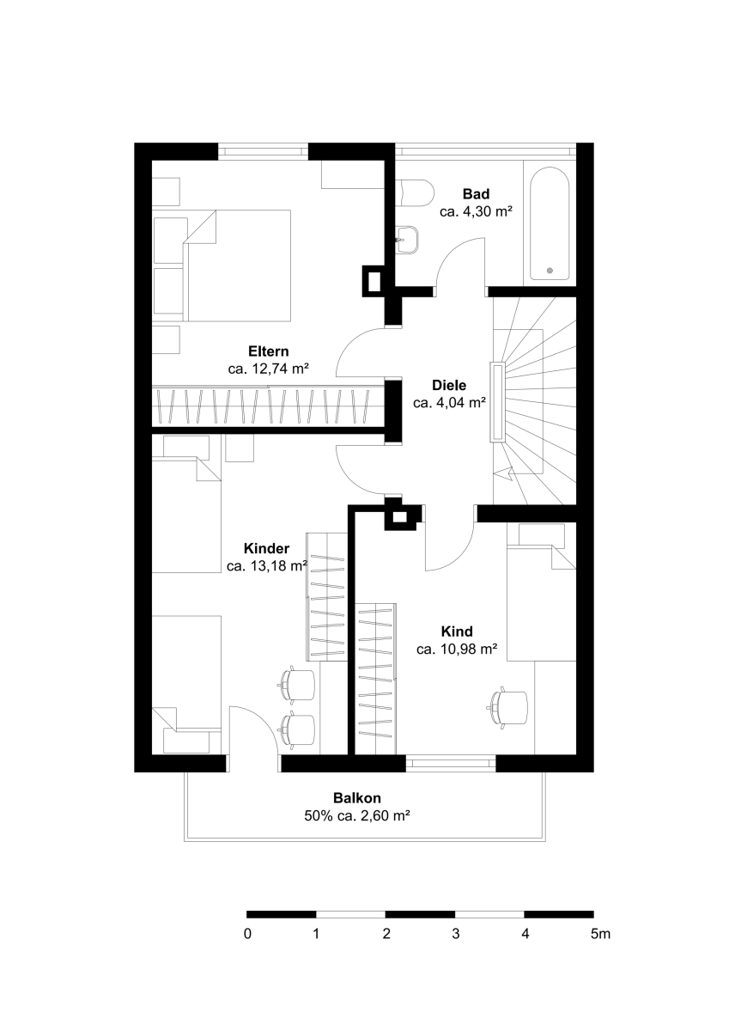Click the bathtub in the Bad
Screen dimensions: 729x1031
click(x=550, y=223)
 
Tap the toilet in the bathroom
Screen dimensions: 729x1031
click(x=416, y=192)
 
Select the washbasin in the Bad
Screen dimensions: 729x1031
click(x=408, y=240)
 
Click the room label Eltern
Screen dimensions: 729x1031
click(x=269, y=351)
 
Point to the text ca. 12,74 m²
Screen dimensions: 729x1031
click(x=268, y=369)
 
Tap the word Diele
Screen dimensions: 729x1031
click(x=449, y=385)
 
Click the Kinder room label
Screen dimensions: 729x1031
click(x=266, y=549)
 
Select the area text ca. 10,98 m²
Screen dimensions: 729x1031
click(x=457, y=650)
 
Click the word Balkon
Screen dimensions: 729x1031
click(x=357, y=797)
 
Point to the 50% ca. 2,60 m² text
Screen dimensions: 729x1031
click(x=357, y=816)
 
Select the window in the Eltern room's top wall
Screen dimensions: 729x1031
click(x=263, y=151)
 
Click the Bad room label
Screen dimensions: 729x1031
click(x=476, y=194)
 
